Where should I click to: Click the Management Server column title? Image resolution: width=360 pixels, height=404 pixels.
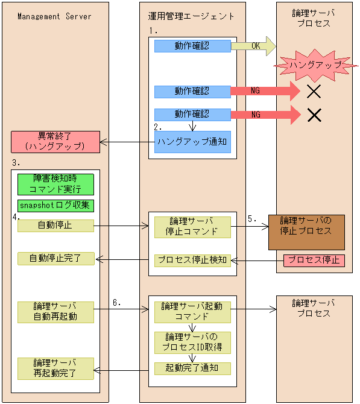[54, 16]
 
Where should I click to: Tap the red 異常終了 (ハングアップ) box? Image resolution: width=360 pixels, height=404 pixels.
[54, 141]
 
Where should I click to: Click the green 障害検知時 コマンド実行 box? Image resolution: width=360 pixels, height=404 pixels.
[55, 185]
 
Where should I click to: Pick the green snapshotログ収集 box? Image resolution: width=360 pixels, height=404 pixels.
[55, 206]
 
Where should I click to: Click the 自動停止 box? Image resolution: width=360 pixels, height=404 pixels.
[55, 226]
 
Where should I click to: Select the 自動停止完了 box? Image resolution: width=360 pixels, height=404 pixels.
[55, 259]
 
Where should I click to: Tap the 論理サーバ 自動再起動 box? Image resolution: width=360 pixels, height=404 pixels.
[55, 312]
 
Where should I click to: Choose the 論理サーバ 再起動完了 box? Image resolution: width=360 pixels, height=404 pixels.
[55, 368]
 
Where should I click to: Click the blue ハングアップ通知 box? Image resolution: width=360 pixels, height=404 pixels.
[192, 142]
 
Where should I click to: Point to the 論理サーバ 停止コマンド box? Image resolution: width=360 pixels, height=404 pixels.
[192, 226]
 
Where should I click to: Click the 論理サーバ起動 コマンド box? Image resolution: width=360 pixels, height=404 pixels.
[192, 311]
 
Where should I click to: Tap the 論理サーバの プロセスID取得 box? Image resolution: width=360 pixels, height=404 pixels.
[192, 342]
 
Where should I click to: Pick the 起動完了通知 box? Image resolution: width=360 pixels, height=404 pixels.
[192, 367]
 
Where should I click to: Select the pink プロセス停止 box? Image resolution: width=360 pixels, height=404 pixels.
[314, 260]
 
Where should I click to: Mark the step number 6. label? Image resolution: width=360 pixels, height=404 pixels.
[117, 303]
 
